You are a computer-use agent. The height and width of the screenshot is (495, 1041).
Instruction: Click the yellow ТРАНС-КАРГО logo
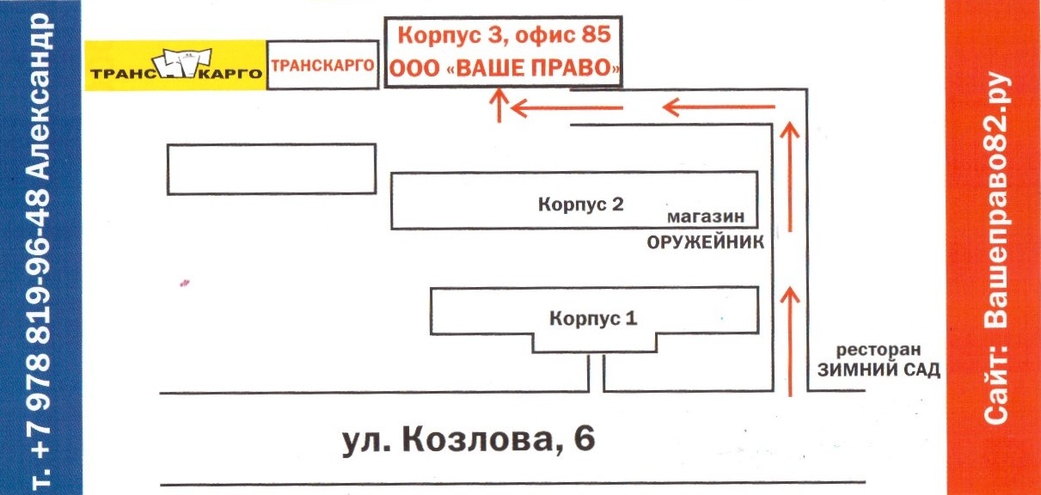click(x=175, y=65)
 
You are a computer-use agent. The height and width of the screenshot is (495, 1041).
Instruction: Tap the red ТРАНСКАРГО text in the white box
click(x=322, y=64)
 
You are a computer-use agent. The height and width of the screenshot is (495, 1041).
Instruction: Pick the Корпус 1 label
click(x=593, y=318)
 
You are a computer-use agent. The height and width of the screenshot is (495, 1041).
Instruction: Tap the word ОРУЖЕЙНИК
click(x=705, y=243)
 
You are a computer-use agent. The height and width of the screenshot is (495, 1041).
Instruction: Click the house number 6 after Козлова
click(x=584, y=440)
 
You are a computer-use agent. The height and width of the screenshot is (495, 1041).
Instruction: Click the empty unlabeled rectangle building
click(x=271, y=168)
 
